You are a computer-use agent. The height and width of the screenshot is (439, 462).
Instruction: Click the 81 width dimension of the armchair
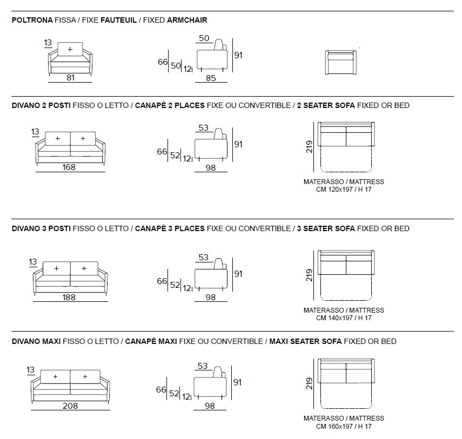tap(70, 77)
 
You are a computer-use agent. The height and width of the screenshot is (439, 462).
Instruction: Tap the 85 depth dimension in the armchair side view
tap(211, 78)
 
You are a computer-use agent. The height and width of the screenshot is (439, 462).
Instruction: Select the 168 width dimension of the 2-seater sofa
tap(69, 167)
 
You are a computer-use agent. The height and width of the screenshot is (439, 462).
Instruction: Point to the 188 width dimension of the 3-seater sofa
tap(69, 297)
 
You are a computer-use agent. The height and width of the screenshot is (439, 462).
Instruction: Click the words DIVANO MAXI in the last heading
tap(36, 341)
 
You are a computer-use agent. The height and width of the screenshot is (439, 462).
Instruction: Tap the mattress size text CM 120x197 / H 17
tap(344, 190)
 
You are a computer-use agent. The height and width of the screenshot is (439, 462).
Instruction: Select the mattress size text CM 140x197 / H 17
tap(344, 318)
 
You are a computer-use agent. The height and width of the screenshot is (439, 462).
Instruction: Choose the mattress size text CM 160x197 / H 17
tap(344, 426)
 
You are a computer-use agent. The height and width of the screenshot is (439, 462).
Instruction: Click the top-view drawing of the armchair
tap(342, 63)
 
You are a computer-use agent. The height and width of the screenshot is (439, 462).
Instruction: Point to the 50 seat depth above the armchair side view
tap(204, 38)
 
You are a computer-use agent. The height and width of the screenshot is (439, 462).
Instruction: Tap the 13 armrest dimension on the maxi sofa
tap(30, 370)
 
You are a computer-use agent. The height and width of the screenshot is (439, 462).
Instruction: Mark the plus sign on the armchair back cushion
tap(70, 49)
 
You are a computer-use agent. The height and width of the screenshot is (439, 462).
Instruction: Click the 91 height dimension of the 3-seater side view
tap(238, 274)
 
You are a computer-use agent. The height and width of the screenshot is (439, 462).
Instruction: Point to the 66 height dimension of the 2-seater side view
tap(162, 152)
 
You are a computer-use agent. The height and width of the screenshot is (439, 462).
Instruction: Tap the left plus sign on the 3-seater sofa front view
tap(57, 268)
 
